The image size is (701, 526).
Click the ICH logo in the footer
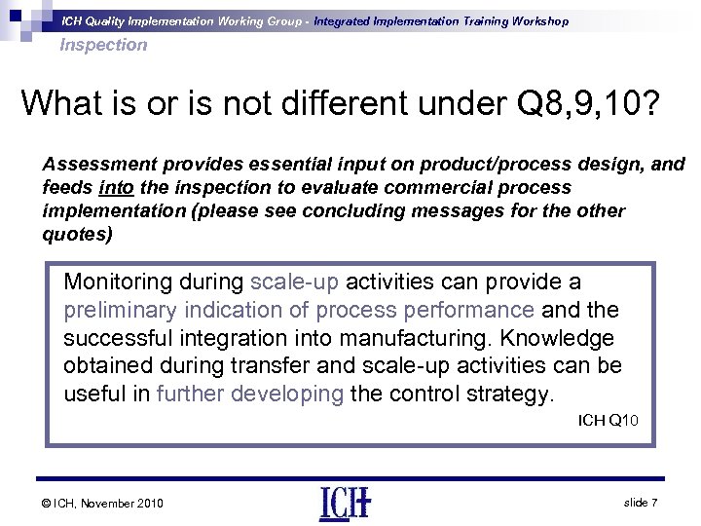click(346, 503)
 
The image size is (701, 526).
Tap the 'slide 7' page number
click(642, 502)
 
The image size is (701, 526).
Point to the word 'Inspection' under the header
click(103, 45)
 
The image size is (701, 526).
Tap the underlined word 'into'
click(120, 186)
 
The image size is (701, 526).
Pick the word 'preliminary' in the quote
click(118, 311)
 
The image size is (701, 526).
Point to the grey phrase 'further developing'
click(250, 394)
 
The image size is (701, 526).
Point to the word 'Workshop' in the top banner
click(536, 20)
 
